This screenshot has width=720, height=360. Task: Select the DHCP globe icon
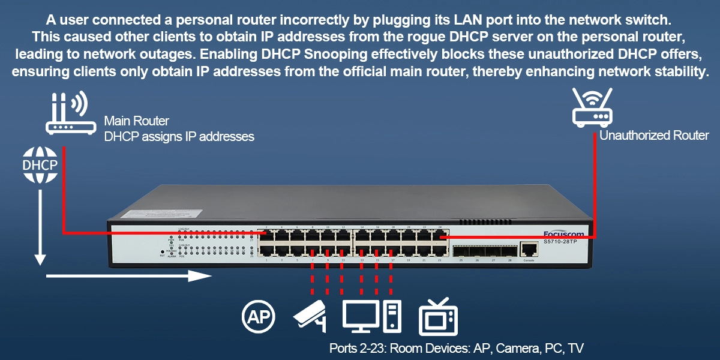tap(40, 164)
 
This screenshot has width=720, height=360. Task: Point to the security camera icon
tap(310, 316)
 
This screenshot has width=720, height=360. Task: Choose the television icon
tap(437, 316)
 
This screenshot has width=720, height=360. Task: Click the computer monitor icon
tap(360, 316)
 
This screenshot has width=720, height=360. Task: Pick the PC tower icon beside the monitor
tap(392, 316)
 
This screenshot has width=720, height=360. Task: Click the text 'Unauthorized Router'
tap(654, 136)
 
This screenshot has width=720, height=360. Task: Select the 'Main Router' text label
tap(136, 122)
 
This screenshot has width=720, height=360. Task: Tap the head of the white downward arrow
tap(40, 259)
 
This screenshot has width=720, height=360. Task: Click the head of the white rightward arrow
tap(202, 276)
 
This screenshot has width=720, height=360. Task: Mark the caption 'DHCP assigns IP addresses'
tap(179, 137)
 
